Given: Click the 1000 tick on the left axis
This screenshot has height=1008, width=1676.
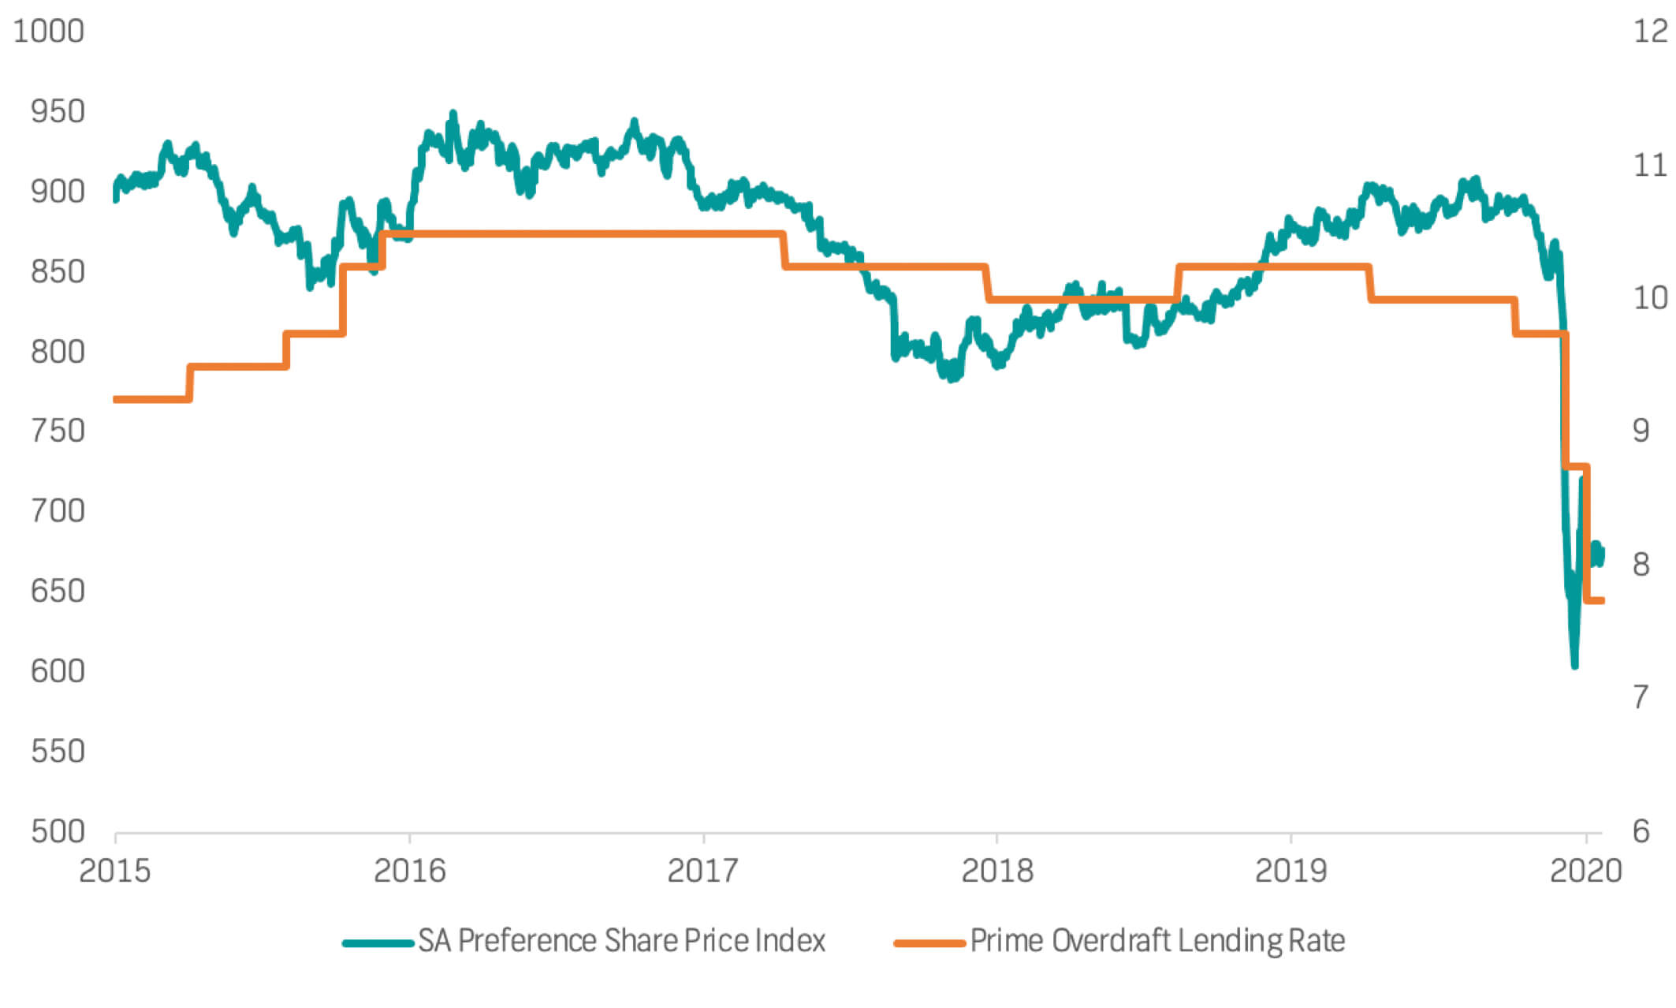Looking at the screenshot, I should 49,32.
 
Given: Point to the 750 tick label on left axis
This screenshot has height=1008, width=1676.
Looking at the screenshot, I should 58,431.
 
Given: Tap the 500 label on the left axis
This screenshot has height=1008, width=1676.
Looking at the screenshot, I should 58,831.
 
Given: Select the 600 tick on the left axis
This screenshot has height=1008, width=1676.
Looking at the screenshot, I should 58,671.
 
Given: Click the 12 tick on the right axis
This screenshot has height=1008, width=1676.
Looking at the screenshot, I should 1650,32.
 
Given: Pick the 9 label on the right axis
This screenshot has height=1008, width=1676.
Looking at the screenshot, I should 1641,431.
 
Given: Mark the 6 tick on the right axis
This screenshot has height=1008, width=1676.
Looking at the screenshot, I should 1641,831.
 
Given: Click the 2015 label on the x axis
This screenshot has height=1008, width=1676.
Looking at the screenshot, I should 115,871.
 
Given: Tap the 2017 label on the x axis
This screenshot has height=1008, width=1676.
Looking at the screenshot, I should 703,871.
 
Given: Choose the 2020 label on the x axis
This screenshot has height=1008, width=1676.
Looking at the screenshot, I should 1585,871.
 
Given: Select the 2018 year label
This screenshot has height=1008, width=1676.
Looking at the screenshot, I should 997,871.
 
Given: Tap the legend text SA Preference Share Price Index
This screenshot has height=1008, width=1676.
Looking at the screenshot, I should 621,941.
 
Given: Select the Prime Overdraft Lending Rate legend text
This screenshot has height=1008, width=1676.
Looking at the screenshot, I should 1157,941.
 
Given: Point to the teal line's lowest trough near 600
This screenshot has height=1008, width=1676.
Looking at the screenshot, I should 1574,665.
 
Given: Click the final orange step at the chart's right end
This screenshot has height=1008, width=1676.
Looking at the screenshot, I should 1595,601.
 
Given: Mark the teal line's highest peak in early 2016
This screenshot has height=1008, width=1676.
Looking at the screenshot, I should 453,115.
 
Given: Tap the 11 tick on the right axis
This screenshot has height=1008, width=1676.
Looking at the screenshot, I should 1650,165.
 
